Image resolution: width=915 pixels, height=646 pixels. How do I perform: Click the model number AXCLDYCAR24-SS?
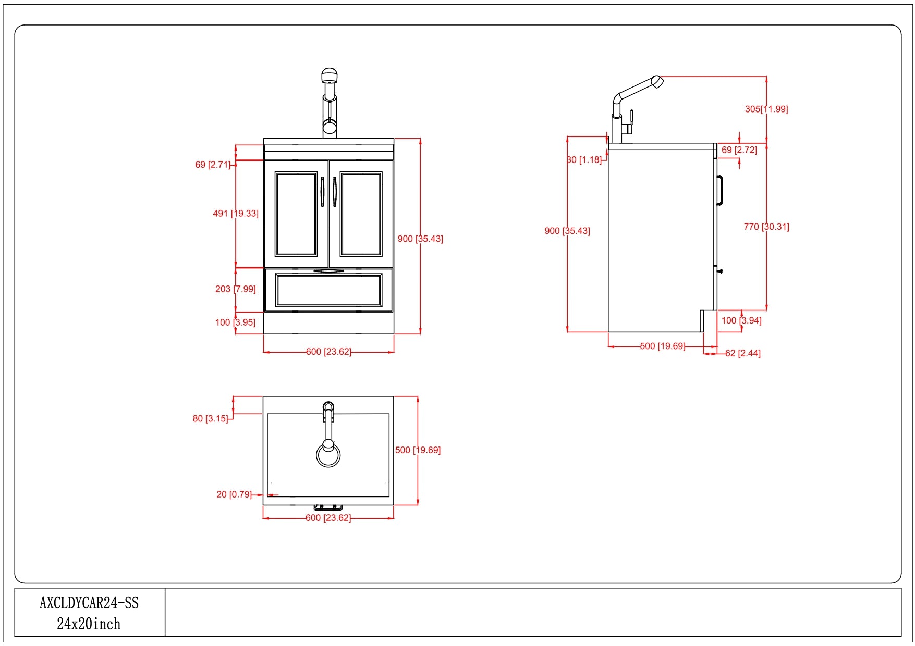pyautogui.click(x=89, y=603)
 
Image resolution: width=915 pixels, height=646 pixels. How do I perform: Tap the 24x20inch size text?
pyautogui.click(x=89, y=624)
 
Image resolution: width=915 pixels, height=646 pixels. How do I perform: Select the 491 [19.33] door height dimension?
pyautogui.click(x=236, y=214)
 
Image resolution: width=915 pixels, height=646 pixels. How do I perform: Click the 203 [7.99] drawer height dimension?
pyautogui.click(x=236, y=289)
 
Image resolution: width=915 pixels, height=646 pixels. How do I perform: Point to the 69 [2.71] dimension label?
pyautogui.click(x=213, y=165)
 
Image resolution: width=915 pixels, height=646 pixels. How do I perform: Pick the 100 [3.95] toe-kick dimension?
pyautogui.click(x=235, y=322)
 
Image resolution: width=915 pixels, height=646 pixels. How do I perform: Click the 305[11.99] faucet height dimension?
pyautogui.click(x=766, y=109)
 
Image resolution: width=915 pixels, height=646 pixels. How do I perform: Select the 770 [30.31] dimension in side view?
pyautogui.click(x=766, y=227)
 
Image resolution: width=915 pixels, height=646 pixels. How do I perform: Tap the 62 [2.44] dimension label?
pyautogui.click(x=742, y=353)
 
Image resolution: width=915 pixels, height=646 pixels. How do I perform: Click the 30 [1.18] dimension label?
pyautogui.click(x=584, y=160)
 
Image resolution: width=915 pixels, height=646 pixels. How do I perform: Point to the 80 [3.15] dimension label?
pyautogui.click(x=211, y=418)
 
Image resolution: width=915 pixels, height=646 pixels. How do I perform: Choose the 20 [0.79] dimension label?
pyautogui.click(x=234, y=494)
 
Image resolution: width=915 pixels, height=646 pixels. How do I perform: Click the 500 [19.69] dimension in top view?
pyautogui.click(x=418, y=450)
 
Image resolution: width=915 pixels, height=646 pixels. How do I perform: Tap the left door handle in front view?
pyautogui.click(x=322, y=192)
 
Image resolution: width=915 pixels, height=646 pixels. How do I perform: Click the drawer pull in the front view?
pyautogui.click(x=328, y=271)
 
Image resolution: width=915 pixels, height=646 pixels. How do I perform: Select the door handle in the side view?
pyautogui.click(x=720, y=190)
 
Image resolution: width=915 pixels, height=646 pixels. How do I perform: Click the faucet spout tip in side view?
pyautogui.click(x=657, y=82)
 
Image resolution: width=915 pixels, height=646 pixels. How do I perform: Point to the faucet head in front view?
pyautogui.click(x=330, y=76)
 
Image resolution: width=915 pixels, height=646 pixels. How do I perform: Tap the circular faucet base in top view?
pyautogui.click(x=328, y=455)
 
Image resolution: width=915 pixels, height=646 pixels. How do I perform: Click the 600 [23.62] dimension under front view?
pyautogui.click(x=328, y=352)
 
